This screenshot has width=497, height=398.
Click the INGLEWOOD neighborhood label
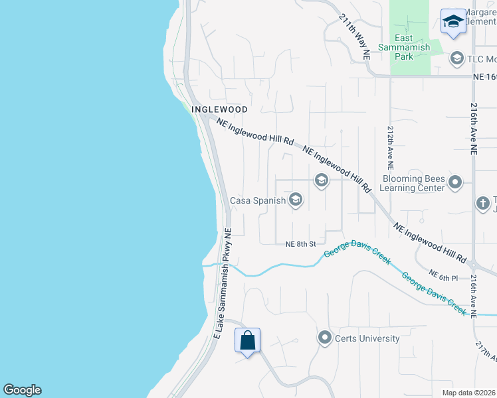[x=219, y=109]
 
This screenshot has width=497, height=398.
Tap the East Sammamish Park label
[x=404, y=47]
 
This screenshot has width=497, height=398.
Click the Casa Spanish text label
[x=258, y=200]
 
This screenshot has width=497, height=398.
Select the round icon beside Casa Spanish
[x=296, y=200]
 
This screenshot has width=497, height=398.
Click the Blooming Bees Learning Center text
[x=413, y=183]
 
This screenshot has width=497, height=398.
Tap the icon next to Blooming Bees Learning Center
[x=455, y=182]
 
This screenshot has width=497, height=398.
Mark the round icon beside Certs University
[x=325, y=338]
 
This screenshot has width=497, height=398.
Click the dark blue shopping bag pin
[x=247, y=341]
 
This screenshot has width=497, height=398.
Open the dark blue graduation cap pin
[x=453, y=21]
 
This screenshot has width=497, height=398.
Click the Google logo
[x=22, y=390]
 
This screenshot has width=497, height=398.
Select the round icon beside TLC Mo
[x=456, y=59]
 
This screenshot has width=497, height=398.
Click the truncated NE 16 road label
[x=484, y=78]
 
